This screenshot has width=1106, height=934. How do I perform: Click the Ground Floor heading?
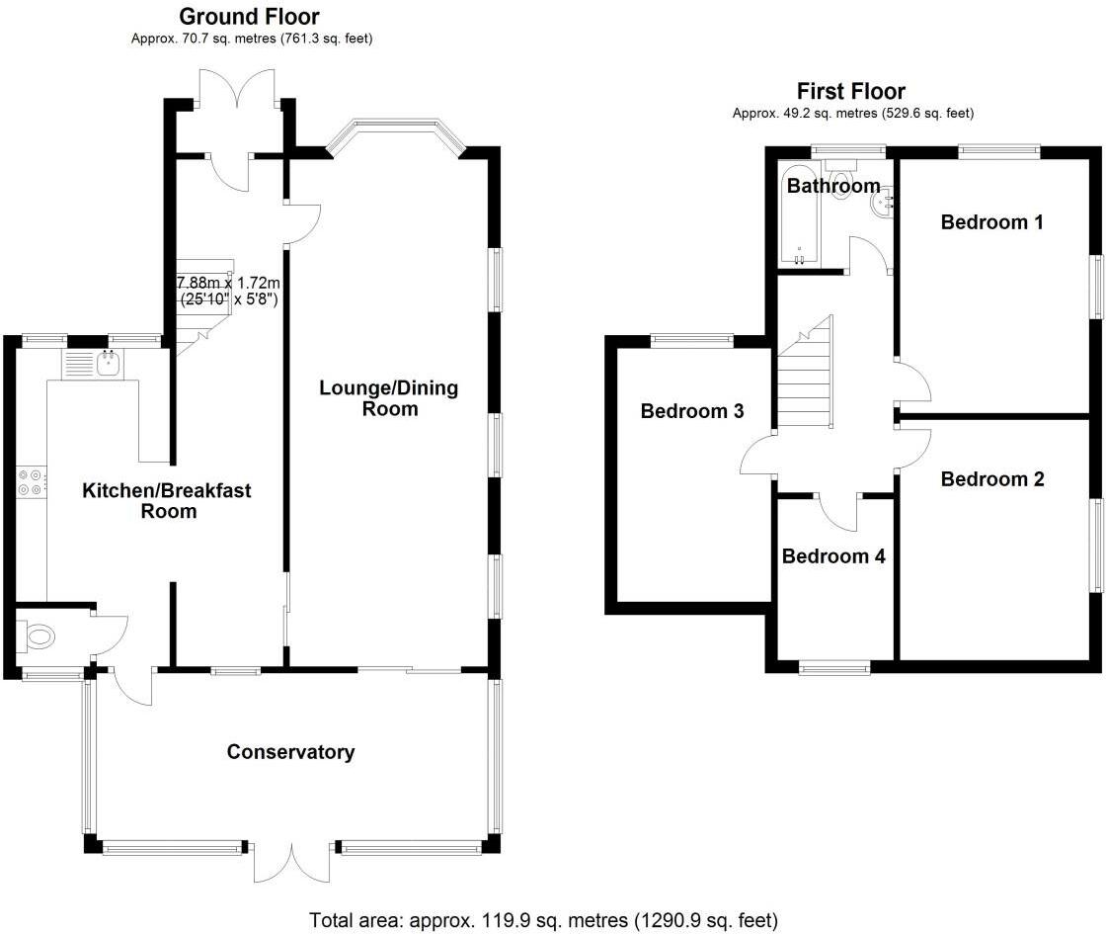click(x=249, y=16)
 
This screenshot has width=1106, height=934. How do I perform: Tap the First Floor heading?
click(x=850, y=91)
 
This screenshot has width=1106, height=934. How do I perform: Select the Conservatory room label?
click(x=290, y=752)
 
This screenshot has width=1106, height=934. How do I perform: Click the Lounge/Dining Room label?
click(x=389, y=398)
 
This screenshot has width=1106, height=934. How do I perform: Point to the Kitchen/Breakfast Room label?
click(x=167, y=500)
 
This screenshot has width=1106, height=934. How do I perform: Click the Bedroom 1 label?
click(x=991, y=222)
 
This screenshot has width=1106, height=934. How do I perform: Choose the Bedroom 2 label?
click(x=991, y=479)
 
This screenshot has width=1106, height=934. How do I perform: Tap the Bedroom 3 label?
click(x=692, y=411)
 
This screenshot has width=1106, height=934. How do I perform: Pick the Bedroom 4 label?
click(x=833, y=556)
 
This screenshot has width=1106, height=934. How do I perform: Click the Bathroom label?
click(x=833, y=186)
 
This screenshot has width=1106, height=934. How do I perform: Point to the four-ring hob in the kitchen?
click(x=31, y=482)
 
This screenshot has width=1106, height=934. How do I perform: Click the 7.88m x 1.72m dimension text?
click(x=228, y=291)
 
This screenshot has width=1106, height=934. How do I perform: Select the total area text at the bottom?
click(x=544, y=920)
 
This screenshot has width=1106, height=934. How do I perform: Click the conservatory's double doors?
click(x=291, y=860)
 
